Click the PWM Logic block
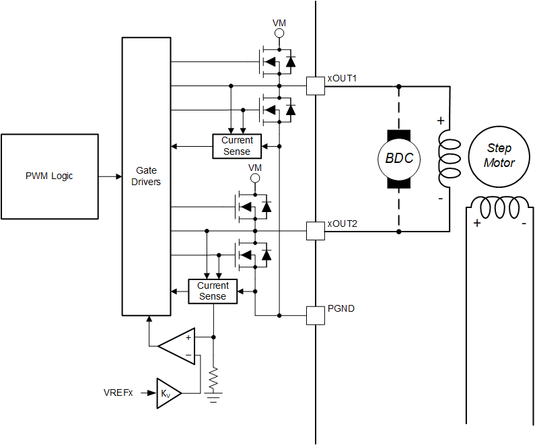[49, 176]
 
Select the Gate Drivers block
[146, 176]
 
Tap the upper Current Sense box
[237, 146]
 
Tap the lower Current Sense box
[213, 291]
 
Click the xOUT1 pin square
[316, 86]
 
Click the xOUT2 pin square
[316, 231]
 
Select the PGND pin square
[316, 315]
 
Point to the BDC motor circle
[399, 159]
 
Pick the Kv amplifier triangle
[167, 392]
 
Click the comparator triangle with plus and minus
[179, 346]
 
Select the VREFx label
[118, 392]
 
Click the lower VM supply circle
[255, 178]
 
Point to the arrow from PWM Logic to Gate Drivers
[109, 176]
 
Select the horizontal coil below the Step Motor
[499, 206]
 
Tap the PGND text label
[341, 309]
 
